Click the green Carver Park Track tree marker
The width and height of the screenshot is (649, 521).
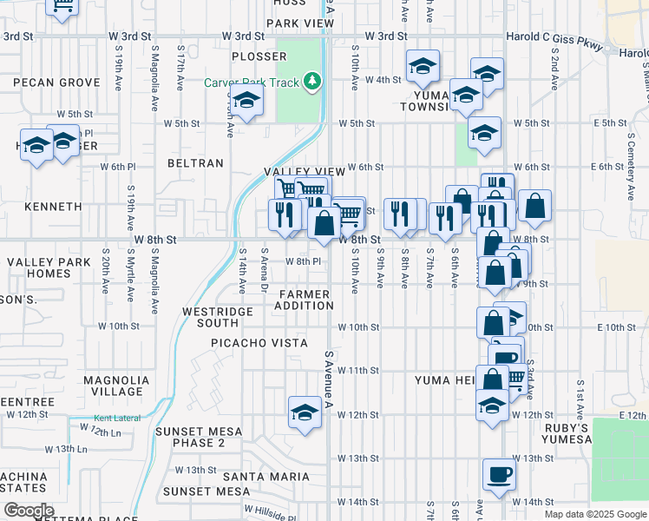pyautogui.click(x=311, y=82)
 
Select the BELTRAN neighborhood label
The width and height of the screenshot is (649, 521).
pyautogui.click(x=195, y=162)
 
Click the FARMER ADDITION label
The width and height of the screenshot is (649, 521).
pyautogui.click(x=305, y=300)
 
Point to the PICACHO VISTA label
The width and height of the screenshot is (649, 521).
pyautogui.click(x=259, y=343)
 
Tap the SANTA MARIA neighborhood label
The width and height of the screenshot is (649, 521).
pyautogui.click(x=265, y=477)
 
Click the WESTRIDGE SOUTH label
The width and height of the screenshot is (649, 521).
pyautogui.click(x=209, y=316)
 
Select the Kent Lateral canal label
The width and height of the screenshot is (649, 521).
pyautogui.click(x=115, y=419)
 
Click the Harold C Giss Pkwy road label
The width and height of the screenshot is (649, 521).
pyautogui.click(x=554, y=36)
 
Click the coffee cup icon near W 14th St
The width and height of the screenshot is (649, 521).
pyautogui.click(x=499, y=474)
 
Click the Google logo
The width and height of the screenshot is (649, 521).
pyautogui.click(x=29, y=511)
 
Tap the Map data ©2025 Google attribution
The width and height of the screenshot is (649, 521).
pyautogui.click(x=594, y=514)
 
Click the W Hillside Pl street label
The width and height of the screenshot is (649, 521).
pyautogui.click(x=269, y=512)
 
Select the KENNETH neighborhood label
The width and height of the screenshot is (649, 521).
pyautogui.click(x=53, y=208)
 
